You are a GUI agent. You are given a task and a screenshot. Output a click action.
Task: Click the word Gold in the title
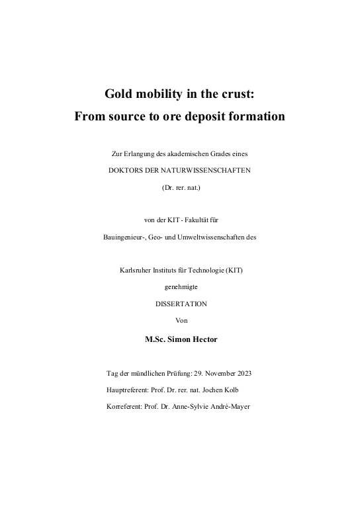click(119, 95)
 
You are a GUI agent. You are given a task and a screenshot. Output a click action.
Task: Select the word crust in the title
click(237, 95)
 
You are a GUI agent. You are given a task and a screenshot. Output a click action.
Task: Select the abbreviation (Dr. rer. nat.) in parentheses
click(181, 187)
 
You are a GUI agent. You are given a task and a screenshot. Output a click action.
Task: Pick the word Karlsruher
click(133, 270)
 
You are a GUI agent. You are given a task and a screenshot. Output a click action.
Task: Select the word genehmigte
click(181, 287)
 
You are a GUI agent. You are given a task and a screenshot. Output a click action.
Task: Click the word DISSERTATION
click(181, 304)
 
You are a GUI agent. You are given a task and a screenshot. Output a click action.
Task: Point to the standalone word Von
click(181, 321)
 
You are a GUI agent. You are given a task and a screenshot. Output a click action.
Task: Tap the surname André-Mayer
click(228, 407)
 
